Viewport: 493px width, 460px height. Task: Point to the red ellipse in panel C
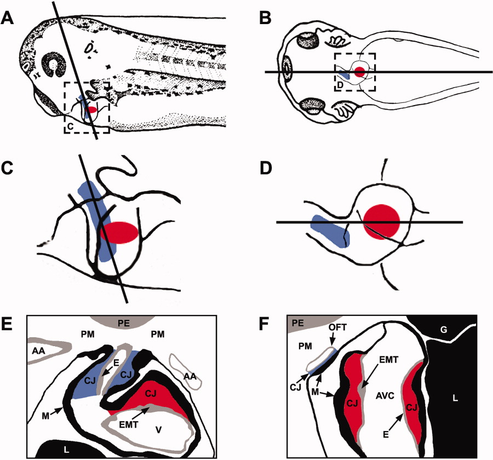(x=118, y=232)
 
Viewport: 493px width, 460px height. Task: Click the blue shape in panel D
(x=329, y=231)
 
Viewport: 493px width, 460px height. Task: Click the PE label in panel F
(x=297, y=323)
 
